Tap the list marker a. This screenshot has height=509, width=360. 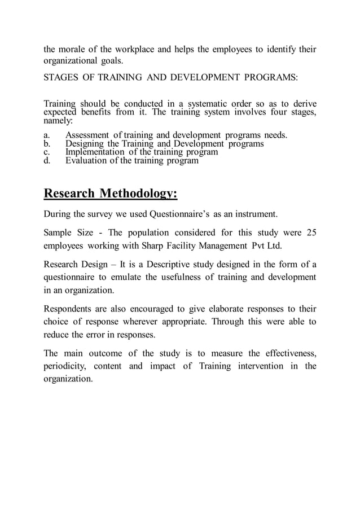pos(46,135)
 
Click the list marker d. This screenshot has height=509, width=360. pos(46,160)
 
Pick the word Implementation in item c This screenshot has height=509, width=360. pos(94,152)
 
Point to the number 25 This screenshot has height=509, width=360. pos(311,232)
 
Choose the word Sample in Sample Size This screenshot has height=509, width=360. pos(58,232)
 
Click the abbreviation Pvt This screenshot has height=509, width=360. pos(265,247)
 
